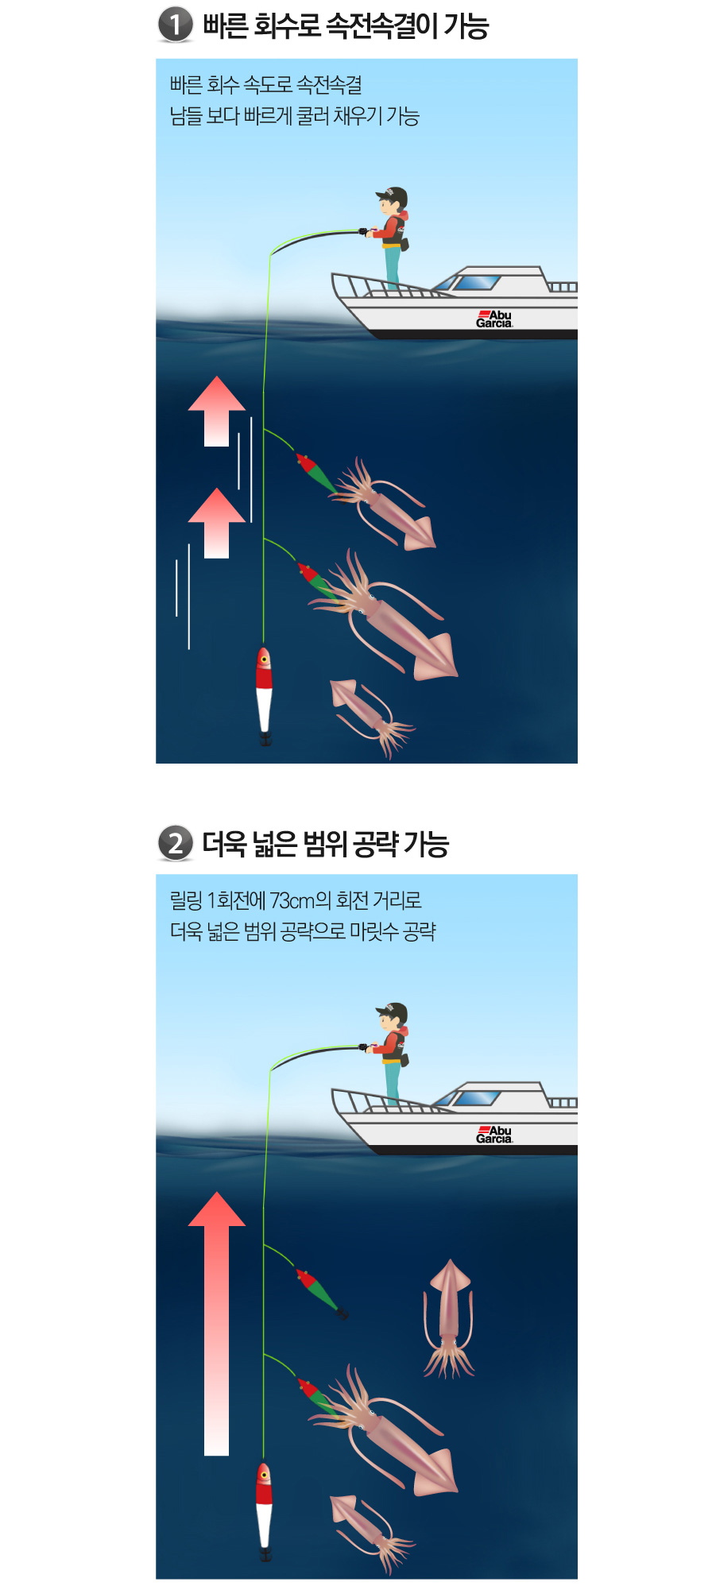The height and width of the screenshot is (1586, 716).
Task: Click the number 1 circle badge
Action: (176, 24)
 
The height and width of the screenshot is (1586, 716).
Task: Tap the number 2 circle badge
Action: (176, 843)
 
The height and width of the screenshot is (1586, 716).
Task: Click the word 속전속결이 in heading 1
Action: (381, 25)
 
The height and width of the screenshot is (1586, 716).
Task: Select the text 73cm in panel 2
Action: (292, 900)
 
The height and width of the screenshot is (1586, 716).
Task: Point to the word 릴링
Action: (186, 900)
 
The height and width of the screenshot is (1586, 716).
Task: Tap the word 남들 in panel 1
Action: (186, 116)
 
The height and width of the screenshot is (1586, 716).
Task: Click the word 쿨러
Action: (312, 116)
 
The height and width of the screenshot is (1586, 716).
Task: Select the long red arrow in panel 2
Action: (216, 1323)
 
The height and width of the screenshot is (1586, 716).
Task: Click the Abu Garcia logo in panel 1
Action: (494, 319)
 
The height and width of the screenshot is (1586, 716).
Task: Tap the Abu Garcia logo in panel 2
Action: (494, 1135)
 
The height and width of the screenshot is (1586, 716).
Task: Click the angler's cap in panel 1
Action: (393, 195)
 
